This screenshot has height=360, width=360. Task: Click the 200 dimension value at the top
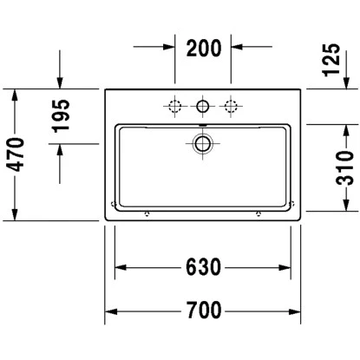coord(203,49)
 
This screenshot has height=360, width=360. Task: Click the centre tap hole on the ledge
coord(203,107)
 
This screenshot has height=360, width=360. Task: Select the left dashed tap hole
coord(174,107)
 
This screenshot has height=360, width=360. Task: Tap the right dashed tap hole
coord(232,107)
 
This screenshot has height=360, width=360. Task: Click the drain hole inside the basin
coord(203,143)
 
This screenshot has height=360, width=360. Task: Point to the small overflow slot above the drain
coord(203,127)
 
